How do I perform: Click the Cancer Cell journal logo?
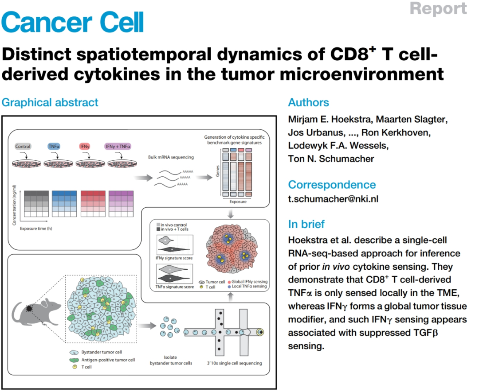pos(73,21)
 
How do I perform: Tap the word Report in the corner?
pos(438,8)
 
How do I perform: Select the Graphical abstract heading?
pos(50,102)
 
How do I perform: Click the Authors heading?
pos(308,102)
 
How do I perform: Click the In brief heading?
pos(306,224)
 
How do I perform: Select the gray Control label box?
pos(23,147)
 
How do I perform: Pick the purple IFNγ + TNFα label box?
pos(118,147)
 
